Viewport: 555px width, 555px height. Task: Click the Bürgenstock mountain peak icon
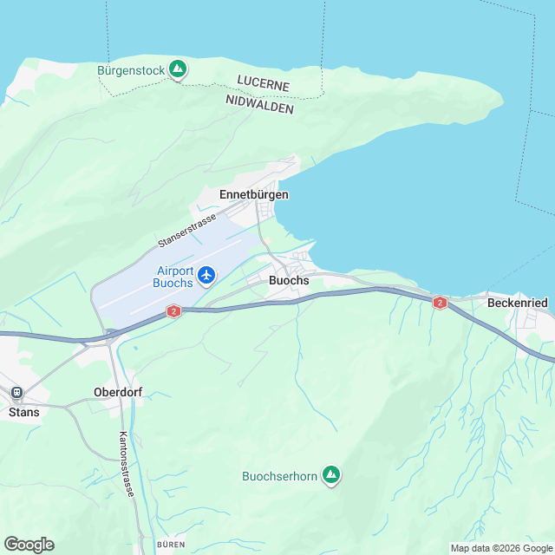(178, 68)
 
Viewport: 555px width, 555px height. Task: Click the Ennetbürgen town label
(254, 195)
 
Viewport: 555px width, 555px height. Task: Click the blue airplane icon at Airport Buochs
(206, 275)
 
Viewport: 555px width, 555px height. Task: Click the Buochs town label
(289, 280)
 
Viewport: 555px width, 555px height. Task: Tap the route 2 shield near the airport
(173, 310)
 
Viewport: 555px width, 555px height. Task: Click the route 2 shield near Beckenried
(440, 303)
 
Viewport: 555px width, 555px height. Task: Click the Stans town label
(23, 412)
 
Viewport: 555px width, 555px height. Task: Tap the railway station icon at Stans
(16, 393)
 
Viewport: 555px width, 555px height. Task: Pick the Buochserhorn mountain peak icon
(330, 474)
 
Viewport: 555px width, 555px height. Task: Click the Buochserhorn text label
(279, 475)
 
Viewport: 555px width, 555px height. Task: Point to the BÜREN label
(170, 544)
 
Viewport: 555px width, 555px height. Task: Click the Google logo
(29, 544)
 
